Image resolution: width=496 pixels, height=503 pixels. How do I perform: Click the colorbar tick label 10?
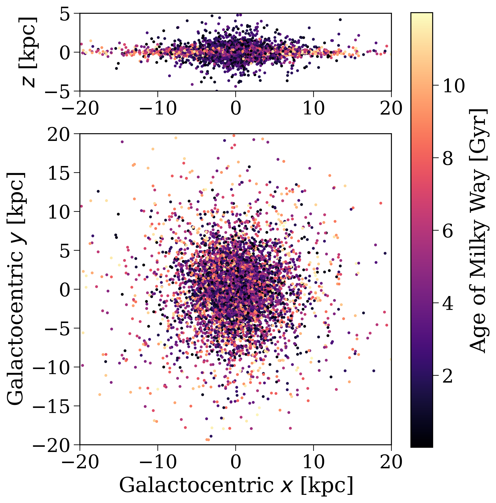tap(453, 86)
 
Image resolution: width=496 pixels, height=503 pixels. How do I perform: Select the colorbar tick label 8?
tap(448, 159)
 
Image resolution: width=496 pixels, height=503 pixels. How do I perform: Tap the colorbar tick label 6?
tap(448, 231)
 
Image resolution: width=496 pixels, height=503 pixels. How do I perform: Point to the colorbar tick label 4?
tap(448, 304)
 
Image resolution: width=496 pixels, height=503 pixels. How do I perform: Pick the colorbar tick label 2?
tap(448, 376)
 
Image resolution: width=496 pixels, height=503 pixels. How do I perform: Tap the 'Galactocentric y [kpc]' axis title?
tap(16, 289)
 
